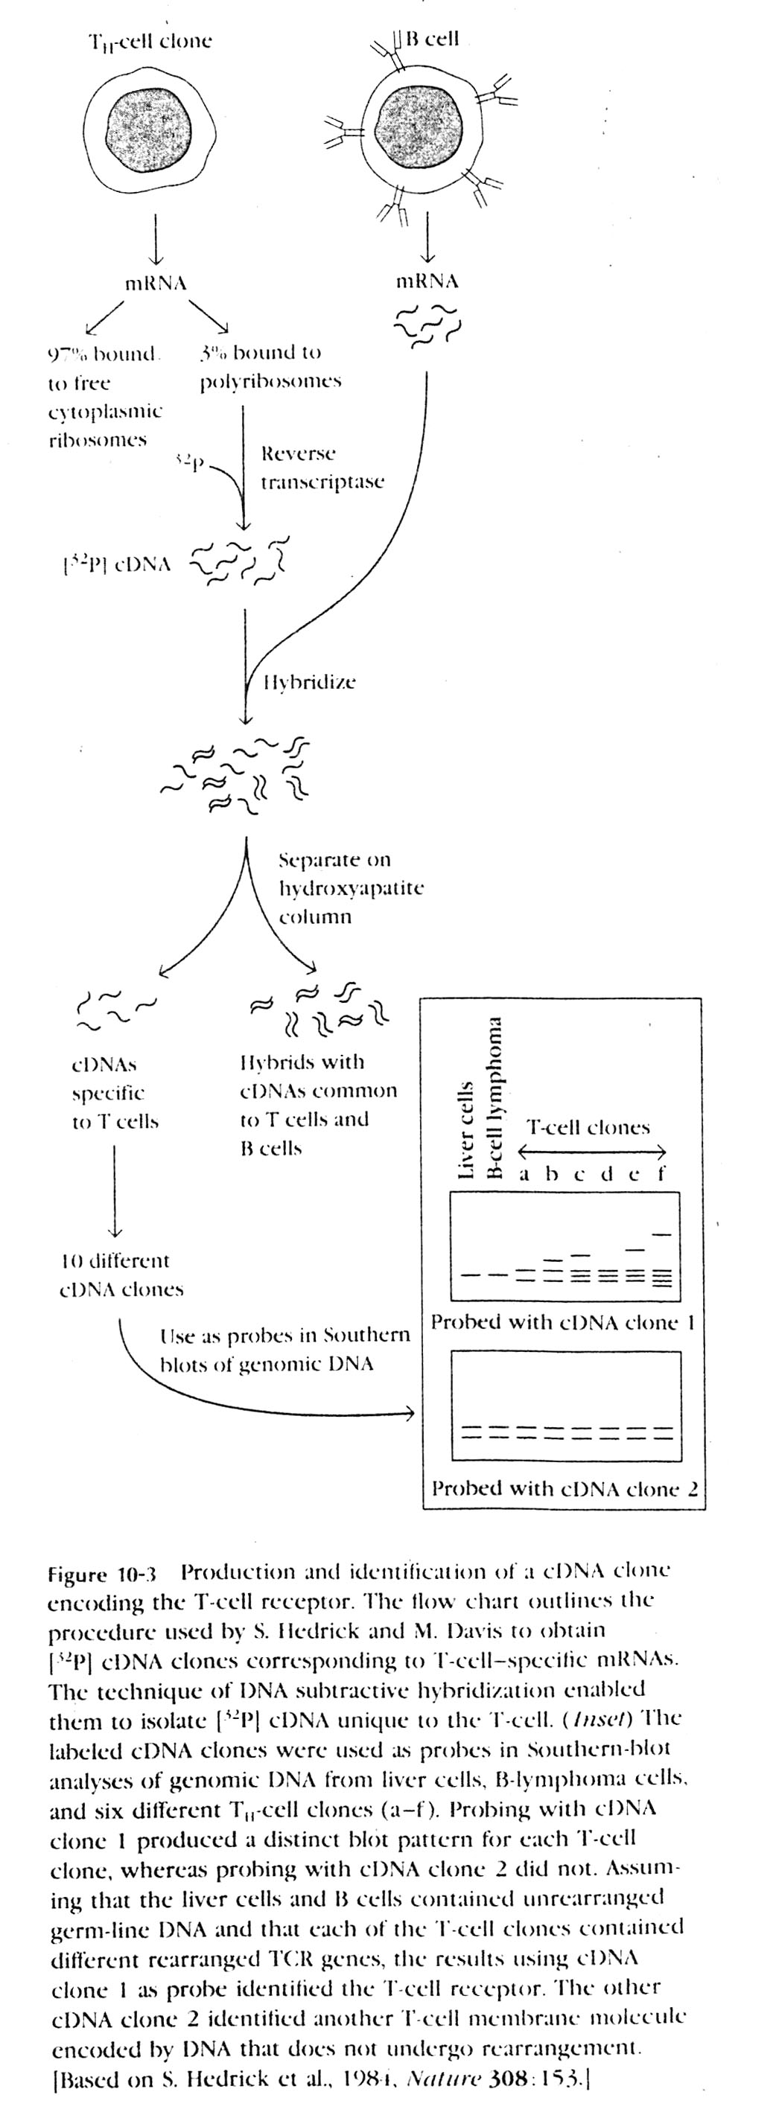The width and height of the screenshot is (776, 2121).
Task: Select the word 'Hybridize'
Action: click(x=310, y=682)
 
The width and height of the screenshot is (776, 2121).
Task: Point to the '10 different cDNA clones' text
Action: click(x=120, y=1275)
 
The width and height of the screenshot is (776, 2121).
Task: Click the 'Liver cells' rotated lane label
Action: click(x=465, y=1129)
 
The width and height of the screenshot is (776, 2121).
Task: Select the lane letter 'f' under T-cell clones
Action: click(x=661, y=1173)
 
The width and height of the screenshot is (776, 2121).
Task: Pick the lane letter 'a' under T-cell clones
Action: click(x=524, y=1174)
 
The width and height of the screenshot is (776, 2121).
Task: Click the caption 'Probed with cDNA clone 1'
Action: click(x=564, y=1322)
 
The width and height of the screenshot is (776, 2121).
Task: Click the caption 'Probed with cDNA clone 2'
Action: click(x=565, y=1489)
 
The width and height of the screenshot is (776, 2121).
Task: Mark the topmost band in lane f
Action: click(x=661, y=1234)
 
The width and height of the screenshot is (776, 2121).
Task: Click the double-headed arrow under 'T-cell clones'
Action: click(x=591, y=1152)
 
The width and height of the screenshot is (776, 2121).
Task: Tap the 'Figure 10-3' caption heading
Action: click(x=102, y=1575)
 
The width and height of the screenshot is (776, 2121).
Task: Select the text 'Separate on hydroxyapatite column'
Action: click(x=350, y=887)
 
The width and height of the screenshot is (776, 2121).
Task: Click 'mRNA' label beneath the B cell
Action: click(x=427, y=281)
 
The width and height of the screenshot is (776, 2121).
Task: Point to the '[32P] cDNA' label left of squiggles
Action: click(x=117, y=564)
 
